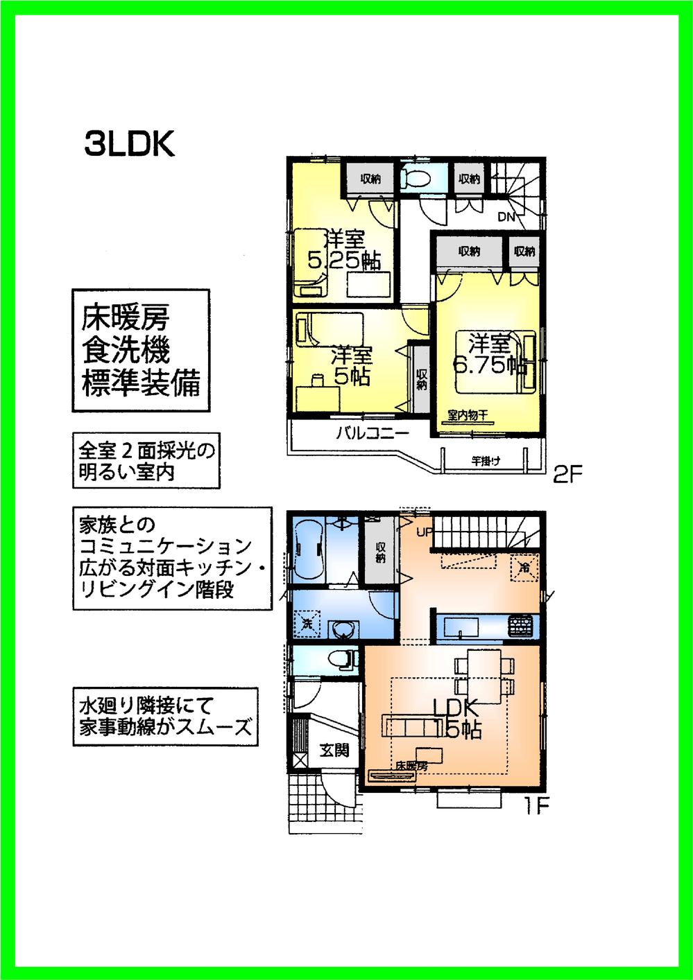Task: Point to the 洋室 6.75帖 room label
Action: [488, 354]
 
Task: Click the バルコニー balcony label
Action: [373, 434]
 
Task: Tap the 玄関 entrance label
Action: [334, 749]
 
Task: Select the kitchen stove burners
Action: [522, 627]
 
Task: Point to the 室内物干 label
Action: [467, 416]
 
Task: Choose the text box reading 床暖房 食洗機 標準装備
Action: [141, 351]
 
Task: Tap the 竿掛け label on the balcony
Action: [486, 460]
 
